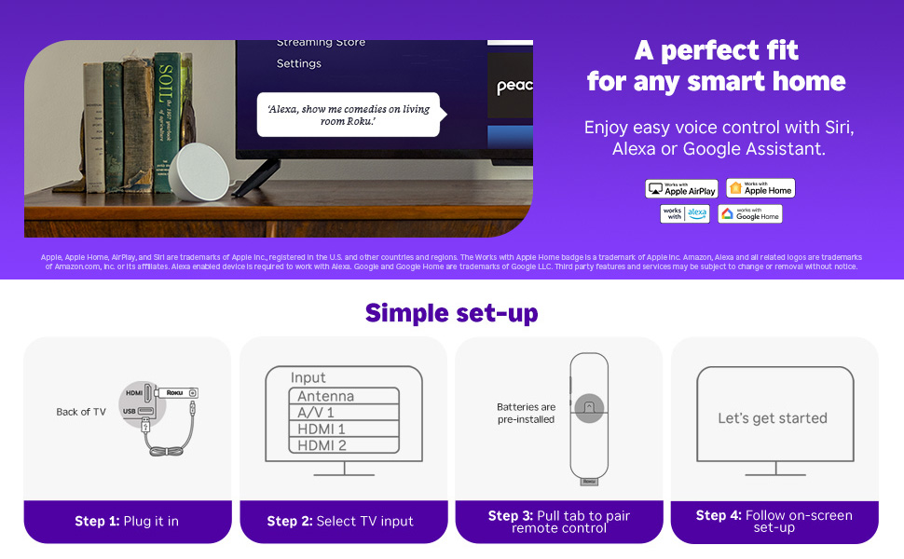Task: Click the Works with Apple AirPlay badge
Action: pyautogui.click(x=681, y=189)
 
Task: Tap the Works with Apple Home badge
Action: pyautogui.click(x=760, y=188)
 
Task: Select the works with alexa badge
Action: pyautogui.click(x=685, y=213)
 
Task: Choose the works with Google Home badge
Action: pyautogui.click(x=749, y=213)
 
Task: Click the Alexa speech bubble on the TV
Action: pyautogui.click(x=348, y=115)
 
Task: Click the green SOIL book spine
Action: pyautogui.click(x=166, y=121)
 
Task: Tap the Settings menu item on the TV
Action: pyautogui.click(x=298, y=63)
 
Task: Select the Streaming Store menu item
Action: pyautogui.click(x=321, y=43)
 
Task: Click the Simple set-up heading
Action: pyautogui.click(x=451, y=312)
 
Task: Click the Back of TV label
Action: pyautogui.click(x=81, y=412)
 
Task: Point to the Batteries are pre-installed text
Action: pyautogui.click(x=526, y=413)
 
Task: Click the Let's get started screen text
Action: pyautogui.click(x=773, y=418)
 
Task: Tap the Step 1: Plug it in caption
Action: pyautogui.click(x=128, y=522)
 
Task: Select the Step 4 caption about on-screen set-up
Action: pyautogui.click(x=774, y=521)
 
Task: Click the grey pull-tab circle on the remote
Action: pyautogui.click(x=589, y=407)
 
